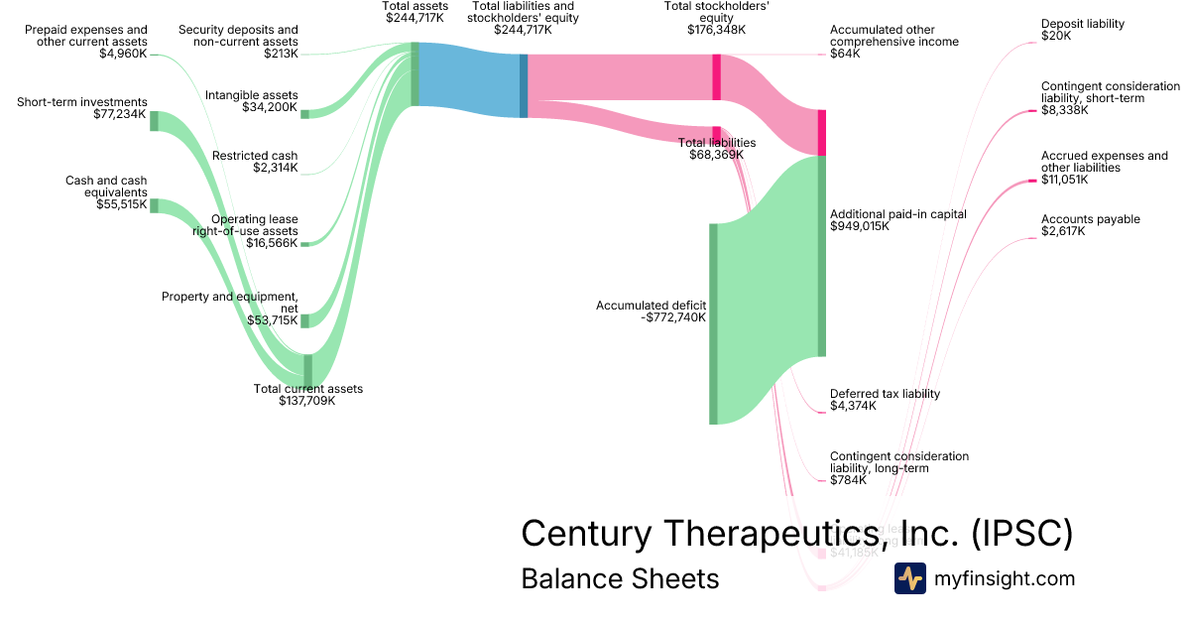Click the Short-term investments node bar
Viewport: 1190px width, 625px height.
[x=154, y=121]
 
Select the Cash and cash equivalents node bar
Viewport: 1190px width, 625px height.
[x=154, y=205]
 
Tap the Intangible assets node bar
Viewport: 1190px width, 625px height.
[x=305, y=114]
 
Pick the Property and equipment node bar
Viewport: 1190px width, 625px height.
[x=305, y=320]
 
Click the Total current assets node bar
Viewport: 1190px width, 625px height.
[x=307, y=369]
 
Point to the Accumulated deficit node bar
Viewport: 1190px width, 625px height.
[x=713, y=324]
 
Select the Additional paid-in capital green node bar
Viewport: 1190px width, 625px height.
[x=821, y=256]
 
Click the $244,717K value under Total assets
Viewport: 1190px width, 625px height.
[x=416, y=18]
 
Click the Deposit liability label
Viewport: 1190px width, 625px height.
[x=1083, y=23]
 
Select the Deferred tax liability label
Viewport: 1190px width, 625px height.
[x=885, y=394]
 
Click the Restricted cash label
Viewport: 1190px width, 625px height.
[x=255, y=156]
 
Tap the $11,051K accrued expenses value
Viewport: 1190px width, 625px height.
[x=1064, y=180]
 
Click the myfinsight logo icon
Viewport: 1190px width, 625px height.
[x=909, y=578]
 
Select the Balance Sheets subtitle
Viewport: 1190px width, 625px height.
[x=620, y=578]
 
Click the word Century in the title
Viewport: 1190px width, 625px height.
[x=586, y=534]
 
